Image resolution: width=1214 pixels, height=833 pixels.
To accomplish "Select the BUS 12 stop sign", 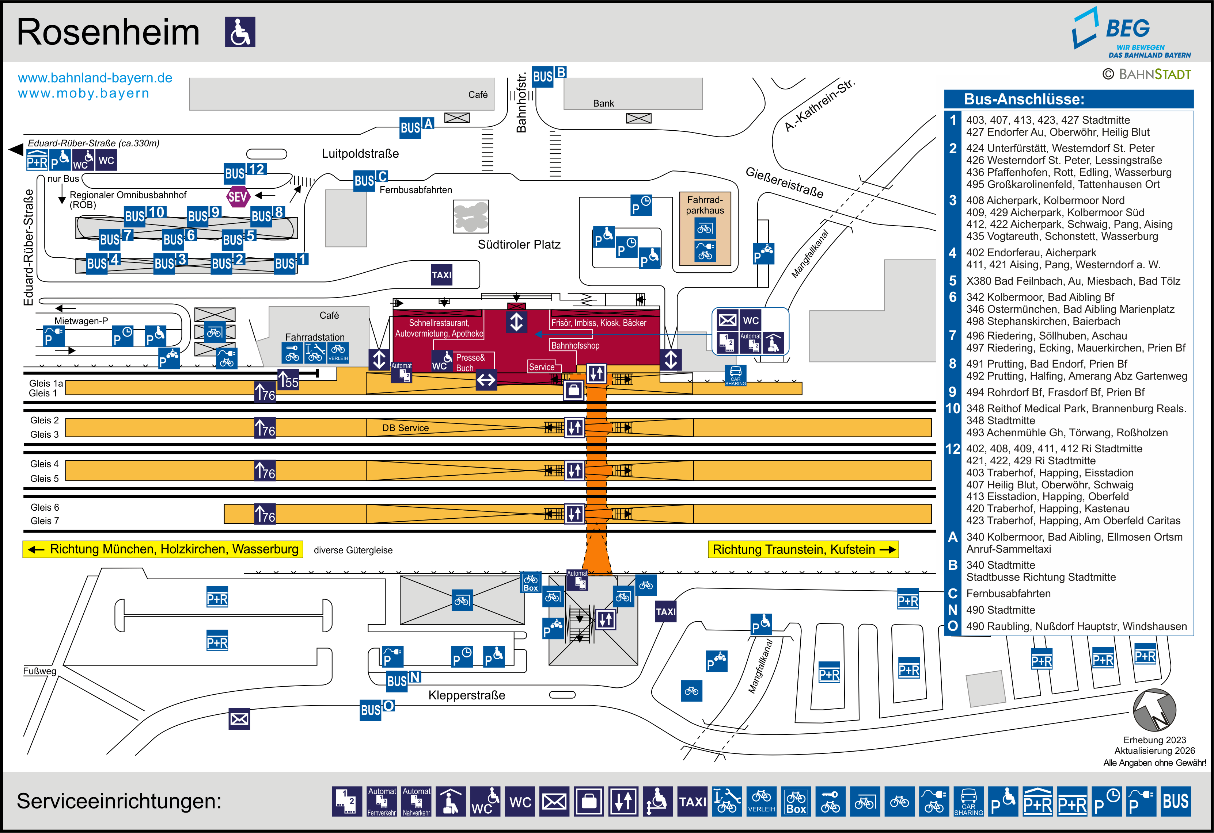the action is click(x=245, y=172).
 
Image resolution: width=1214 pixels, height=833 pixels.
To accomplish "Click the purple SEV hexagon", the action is click(x=238, y=197).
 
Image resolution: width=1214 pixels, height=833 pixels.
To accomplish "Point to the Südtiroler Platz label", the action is click(x=519, y=244).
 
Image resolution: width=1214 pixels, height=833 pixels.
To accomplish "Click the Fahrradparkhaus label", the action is click(x=705, y=205).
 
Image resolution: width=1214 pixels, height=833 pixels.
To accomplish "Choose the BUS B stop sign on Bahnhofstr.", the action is click(x=549, y=76).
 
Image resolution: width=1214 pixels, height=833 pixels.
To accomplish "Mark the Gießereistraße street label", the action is click(x=784, y=183).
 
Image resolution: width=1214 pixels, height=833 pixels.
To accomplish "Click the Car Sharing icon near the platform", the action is click(x=736, y=375).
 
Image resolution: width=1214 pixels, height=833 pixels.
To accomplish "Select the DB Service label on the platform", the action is click(x=405, y=428).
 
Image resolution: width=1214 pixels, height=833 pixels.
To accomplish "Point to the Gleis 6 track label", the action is click(x=45, y=507).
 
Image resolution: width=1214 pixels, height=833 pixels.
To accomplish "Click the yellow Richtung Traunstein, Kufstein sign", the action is click(x=803, y=550).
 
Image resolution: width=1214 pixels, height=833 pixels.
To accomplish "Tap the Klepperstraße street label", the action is click(x=466, y=695).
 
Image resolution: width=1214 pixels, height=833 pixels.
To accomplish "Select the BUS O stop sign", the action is click(x=377, y=709).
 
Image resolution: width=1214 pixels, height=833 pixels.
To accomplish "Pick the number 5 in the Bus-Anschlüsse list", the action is click(x=953, y=281).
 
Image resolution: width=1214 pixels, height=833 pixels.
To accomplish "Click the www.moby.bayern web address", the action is click(x=84, y=93).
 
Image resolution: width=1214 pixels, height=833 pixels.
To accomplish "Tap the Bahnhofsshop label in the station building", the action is click(x=575, y=346).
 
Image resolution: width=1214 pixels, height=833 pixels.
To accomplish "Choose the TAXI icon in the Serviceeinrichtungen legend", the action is click(x=692, y=801).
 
